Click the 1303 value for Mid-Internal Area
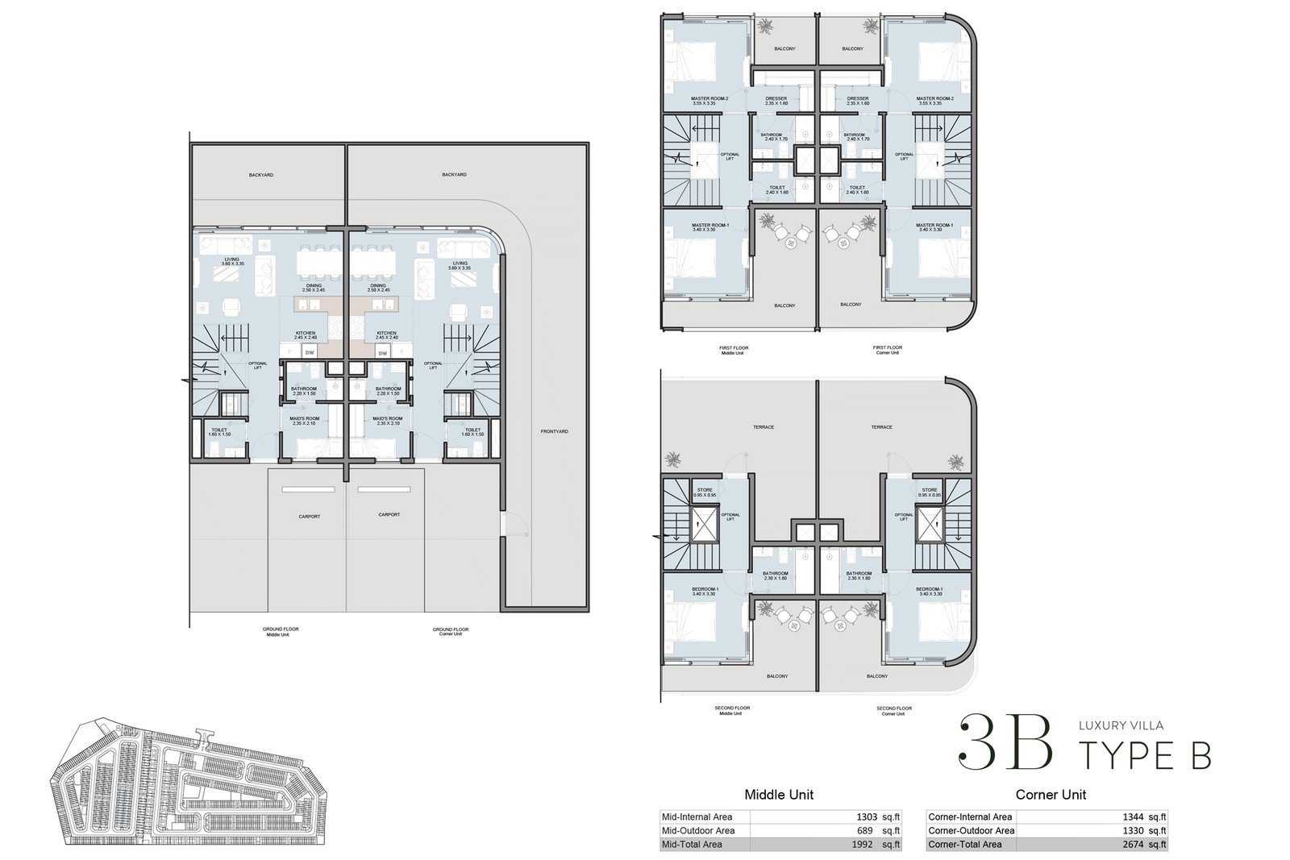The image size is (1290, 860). coord(867,816)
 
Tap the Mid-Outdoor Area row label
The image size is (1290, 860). coord(697,830)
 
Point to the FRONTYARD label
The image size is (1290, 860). coord(554,431)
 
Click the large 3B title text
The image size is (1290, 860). coord(1005,742)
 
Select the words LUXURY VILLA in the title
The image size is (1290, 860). coord(1121,725)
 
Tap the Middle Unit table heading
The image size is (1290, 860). coord(778,794)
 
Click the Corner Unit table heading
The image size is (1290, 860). coord(1050,794)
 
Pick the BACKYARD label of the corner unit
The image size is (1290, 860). coord(454,174)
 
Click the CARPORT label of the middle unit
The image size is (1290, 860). coord(309,516)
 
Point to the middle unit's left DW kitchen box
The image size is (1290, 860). coord(308,353)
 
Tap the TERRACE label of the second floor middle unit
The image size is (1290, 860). coord(763,427)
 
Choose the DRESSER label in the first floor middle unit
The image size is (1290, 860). coord(776,100)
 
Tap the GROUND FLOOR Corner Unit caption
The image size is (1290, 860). coord(450,631)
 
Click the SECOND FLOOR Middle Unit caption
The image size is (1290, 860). coord(732,710)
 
